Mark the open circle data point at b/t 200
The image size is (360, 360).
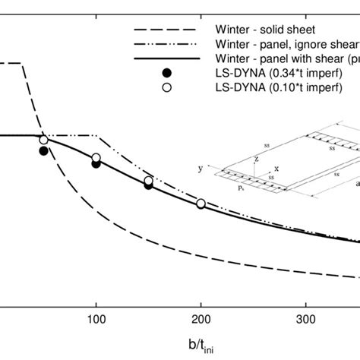click(201, 204)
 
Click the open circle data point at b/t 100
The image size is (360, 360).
click(96, 158)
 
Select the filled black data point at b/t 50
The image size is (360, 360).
click(44, 151)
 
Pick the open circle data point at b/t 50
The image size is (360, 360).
click(44, 140)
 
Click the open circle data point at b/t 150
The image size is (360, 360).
click(149, 181)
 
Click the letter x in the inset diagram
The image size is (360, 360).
click(275, 169)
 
